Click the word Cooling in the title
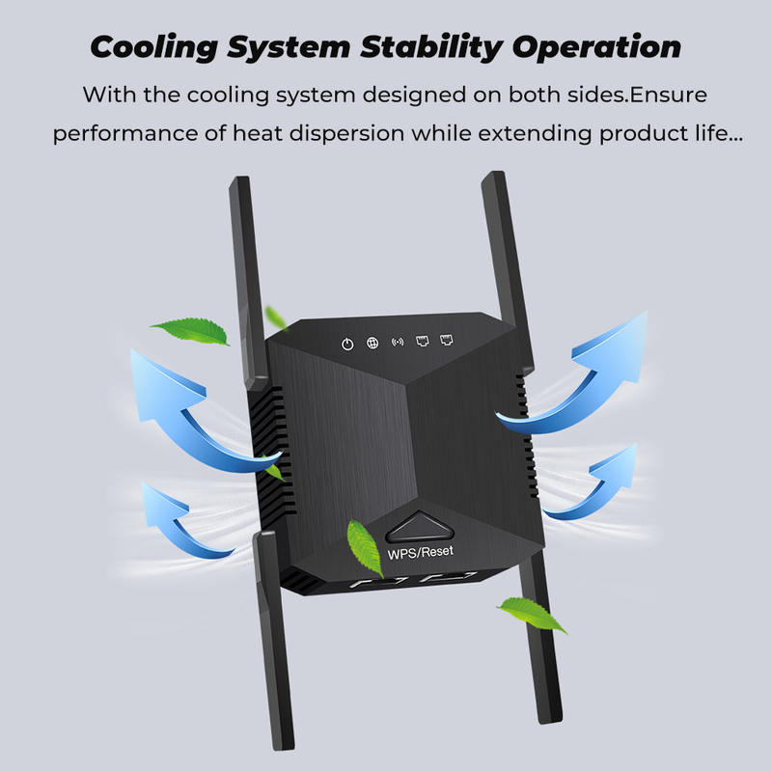tap(154, 48)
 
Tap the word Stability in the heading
tap(431, 48)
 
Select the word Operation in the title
tap(596, 48)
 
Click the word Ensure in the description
tap(668, 95)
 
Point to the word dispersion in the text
tap(346, 134)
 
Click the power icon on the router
tap(347, 345)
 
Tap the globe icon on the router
tap(372, 343)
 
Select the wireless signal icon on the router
tap(398, 342)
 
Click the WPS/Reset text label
tap(421, 552)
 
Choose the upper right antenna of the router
tap(508, 270)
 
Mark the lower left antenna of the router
tap(274, 641)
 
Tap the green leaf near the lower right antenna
tap(532, 615)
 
